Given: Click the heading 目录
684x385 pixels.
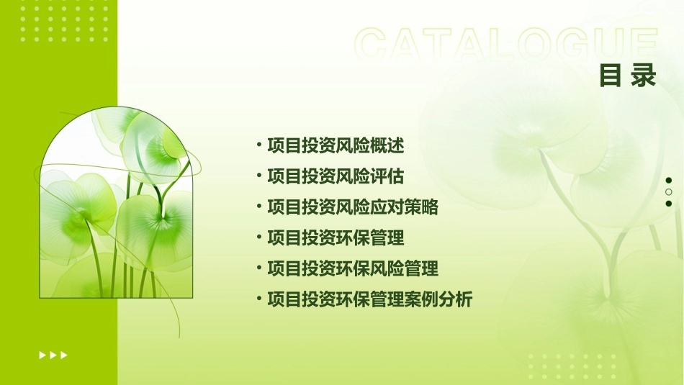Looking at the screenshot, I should (628, 76).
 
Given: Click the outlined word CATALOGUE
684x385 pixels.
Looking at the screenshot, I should (506, 45).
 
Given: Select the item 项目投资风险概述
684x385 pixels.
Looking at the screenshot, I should (336, 146).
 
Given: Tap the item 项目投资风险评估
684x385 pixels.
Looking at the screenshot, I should (336, 177).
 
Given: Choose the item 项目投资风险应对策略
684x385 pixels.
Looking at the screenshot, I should (352, 208).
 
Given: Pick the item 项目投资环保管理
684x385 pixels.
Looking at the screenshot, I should (336, 238).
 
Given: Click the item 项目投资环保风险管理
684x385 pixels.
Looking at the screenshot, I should (352, 269).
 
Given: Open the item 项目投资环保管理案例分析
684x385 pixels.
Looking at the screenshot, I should (369, 299).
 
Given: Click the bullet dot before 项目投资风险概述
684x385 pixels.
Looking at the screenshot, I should (259, 145).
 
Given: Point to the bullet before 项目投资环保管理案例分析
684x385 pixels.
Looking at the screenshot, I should (259, 299).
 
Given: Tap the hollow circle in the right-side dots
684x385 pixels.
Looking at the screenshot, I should (669, 192).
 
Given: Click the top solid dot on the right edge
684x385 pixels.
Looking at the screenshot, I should (669, 181).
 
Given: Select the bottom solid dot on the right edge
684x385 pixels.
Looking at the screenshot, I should (669, 204).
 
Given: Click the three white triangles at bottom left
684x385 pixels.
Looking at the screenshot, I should (53, 355).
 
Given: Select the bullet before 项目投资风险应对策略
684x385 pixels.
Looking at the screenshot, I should (259, 207).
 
